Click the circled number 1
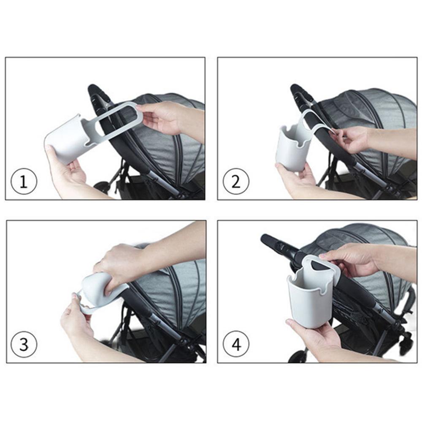click(x=24, y=182)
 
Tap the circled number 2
click(x=236, y=182)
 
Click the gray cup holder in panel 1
click(x=68, y=139)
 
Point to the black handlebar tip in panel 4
click(x=270, y=241)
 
